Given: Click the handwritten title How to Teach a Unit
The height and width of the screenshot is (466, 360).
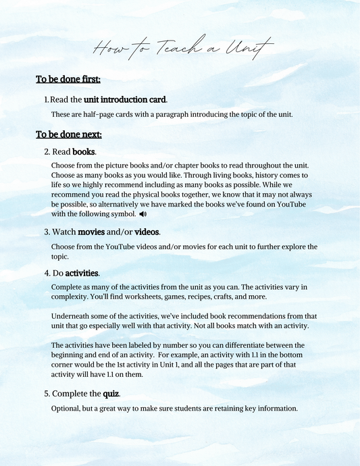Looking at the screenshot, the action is pyautogui.click(x=182, y=48).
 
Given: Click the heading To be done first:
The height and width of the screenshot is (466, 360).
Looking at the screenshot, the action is pyautogui.click(x=68, y=80).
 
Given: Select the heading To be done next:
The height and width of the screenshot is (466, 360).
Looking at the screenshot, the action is pyautogui.click(x=69, y=134).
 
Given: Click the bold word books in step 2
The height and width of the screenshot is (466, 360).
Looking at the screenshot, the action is pyautogui.click(x=84, y=152).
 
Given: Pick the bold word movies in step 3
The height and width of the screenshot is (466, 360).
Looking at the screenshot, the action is pyautogui.click(x=91, y=232).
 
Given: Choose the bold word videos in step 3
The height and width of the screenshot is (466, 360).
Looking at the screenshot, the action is pyautogui.click(x=147, y=232).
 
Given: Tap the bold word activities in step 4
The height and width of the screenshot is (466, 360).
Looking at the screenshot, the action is pyautogui.click(x=82, y=274).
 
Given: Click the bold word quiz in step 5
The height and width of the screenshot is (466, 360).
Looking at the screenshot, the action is pyautogui.click(x=111, y=393).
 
